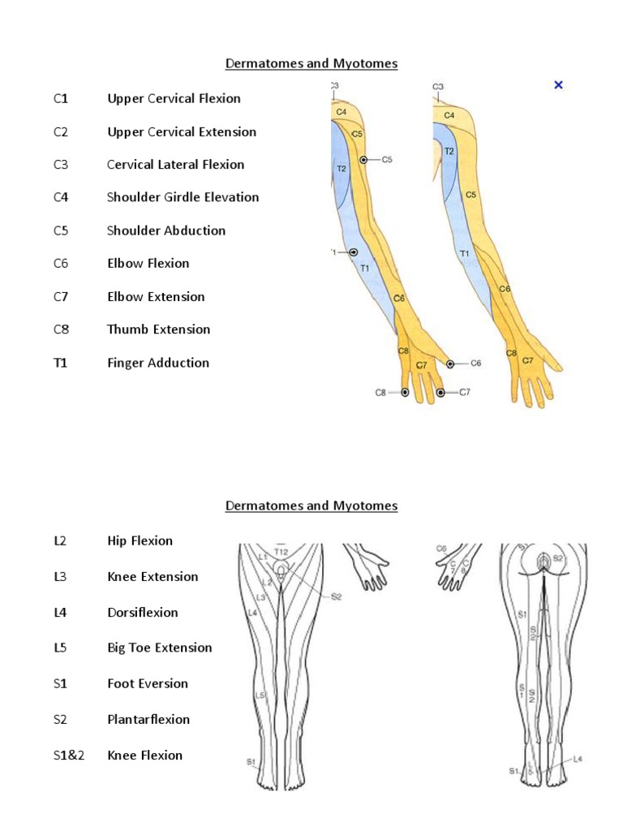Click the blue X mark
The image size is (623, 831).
tap(558, 84)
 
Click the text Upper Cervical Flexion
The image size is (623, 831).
tap(174, 99)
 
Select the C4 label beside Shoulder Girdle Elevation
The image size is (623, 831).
tap(61, 197)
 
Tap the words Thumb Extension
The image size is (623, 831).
tap(158, 329)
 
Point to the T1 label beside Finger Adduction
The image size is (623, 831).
tap(61, 363)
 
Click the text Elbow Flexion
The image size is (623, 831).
tap(148, 264)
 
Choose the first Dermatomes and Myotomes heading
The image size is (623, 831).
tap(311, 63)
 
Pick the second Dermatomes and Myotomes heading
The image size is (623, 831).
tap(311, 506)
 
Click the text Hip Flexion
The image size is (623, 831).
tap(140, 541)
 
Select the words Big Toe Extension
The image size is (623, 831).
tap(159, 648)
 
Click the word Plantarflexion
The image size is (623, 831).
tap(148, 720)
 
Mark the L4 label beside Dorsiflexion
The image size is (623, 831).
tap(59, 613)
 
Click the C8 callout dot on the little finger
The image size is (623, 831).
tap(405, 393)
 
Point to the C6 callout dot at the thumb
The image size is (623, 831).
tap(450, 364)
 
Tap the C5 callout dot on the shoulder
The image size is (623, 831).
tap(364, 160)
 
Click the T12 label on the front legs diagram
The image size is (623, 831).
tap(281, 552)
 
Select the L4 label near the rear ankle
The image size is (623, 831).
tap(577, 759)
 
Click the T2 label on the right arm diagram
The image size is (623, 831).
tap(449, 152)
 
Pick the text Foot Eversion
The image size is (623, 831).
tap(147, 684)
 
